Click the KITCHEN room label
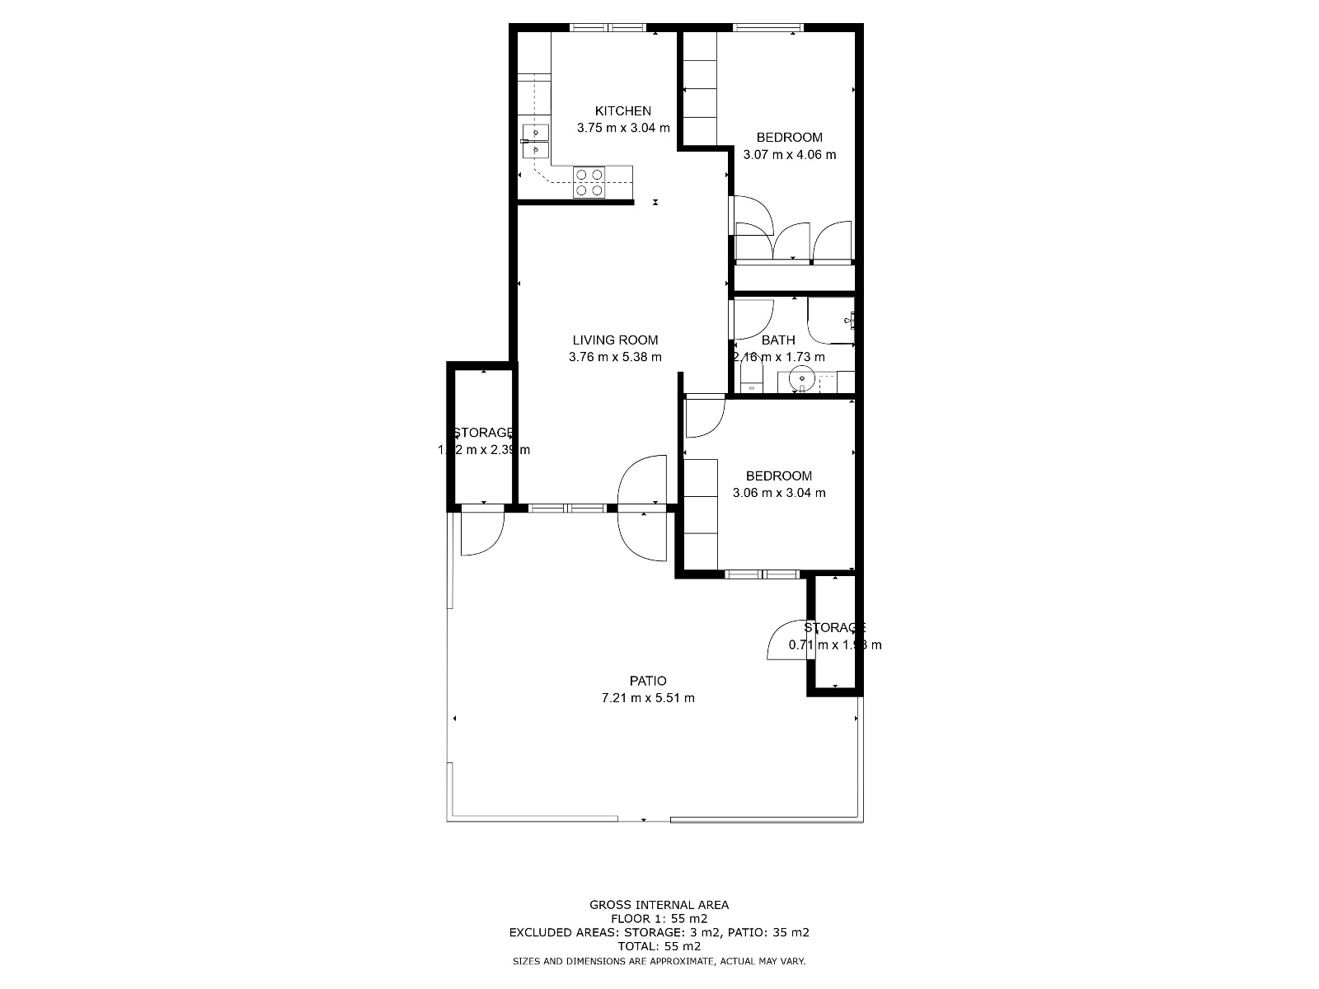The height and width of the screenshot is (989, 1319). click(623, 111)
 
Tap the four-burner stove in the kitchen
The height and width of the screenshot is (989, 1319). click(589, 182)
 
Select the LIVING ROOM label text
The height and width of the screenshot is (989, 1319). click(615, 340)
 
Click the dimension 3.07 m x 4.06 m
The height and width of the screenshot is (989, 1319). click(789, 155)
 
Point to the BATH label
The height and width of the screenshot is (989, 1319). click(778, 340)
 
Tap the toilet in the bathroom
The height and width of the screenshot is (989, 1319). click(751, 381)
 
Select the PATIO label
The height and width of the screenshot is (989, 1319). click(648, 681)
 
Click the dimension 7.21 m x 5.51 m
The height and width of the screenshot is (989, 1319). click(648, 698)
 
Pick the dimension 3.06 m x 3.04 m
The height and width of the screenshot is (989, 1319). click(778, 493)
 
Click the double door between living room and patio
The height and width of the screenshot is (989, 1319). click(643, 509)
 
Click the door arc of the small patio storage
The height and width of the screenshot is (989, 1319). click(787, 641)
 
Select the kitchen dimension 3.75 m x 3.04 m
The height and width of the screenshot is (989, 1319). click(623, 129)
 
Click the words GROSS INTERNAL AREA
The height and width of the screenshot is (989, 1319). click(659, 904)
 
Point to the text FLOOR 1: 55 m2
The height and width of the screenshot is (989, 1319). click(659, 918)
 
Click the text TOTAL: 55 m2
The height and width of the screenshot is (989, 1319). click(659, 946)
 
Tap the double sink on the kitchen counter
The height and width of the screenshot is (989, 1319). click(535, 141)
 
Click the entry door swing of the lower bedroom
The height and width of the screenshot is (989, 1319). click(703, 416)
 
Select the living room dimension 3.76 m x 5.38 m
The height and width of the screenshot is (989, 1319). click(615, 357)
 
